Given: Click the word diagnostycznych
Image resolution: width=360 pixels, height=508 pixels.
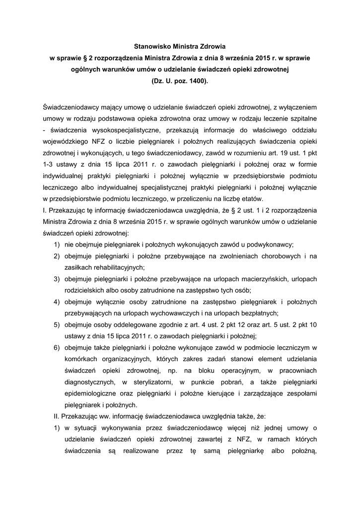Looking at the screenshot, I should click(90, 382).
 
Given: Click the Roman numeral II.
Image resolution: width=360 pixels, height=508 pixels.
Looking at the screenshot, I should click(56, 416).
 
